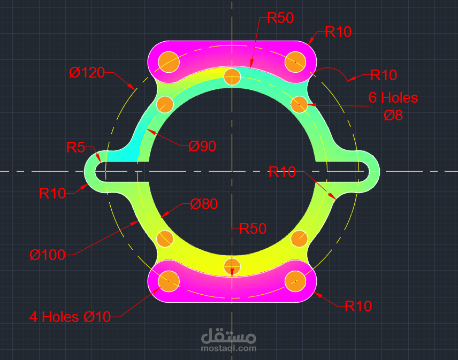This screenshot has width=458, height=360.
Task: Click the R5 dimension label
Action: point(75,147)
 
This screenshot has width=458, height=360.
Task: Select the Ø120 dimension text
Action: point(87,72)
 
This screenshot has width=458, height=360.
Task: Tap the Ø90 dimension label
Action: point(202,146)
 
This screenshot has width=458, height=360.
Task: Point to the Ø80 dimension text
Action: point(204,204)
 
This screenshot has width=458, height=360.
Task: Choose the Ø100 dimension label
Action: point(47,255)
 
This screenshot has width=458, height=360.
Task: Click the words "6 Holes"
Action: point(393,98)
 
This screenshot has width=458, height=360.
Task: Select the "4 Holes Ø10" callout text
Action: point(70,317)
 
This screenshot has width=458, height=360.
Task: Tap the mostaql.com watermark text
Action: point(228,348)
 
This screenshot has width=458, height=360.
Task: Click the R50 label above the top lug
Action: point(280,18)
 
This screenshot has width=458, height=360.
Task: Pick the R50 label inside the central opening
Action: point(253,228)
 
